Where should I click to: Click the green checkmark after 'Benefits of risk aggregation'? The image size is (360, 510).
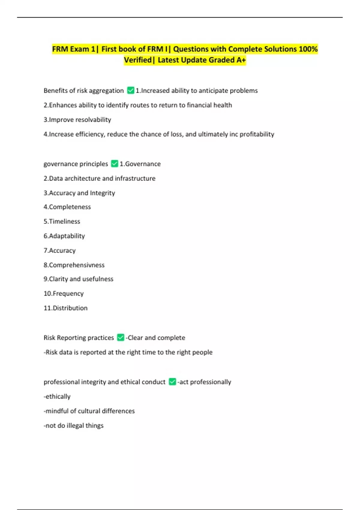click(130, 90)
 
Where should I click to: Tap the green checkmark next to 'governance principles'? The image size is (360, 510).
click(114, 163)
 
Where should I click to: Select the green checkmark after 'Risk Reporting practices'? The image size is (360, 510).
click(121, 337)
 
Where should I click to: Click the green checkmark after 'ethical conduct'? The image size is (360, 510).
click(172, 382)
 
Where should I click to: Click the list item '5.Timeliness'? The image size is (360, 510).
click(62, 221)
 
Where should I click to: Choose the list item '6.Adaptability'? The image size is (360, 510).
click(64, 236)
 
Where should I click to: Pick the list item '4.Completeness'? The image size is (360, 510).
click(67, 207)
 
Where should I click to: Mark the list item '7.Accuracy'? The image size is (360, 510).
click(60, 250)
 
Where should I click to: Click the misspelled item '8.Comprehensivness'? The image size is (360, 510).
click(74, 265)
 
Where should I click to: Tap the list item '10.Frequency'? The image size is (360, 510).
click(64, 293)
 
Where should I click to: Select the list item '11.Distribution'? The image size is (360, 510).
click(66, 308)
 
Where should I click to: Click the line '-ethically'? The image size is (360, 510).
click(57, 396)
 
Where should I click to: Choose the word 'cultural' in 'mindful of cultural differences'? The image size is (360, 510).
click(89, 411)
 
